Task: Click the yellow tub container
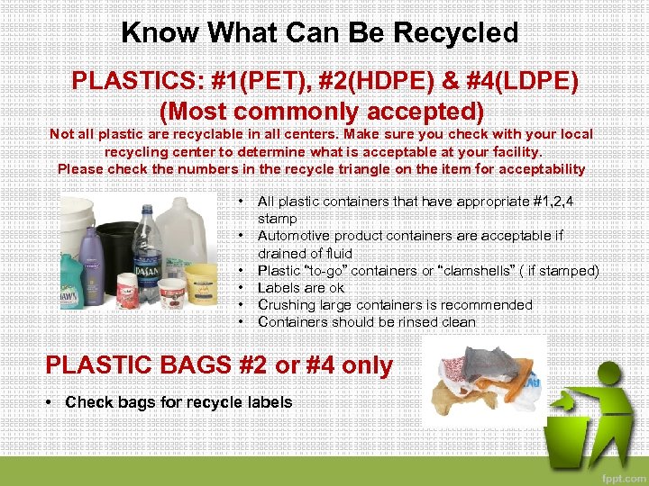point(202,280)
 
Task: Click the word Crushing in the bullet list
point(286,305)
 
